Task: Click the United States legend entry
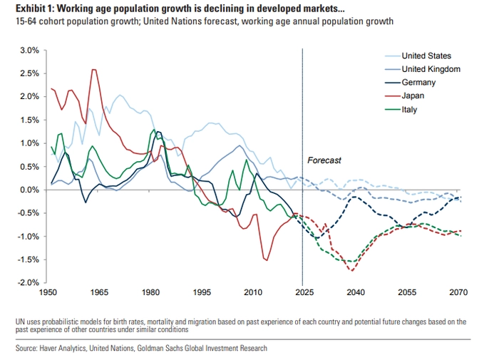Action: pos(426,56)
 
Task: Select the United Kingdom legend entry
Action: pos(430,69)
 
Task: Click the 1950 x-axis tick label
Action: pos(48,293)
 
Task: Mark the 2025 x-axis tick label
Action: pos(303,293)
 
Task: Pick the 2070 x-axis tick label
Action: pos(456,293)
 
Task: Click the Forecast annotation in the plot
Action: pos(324,160)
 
